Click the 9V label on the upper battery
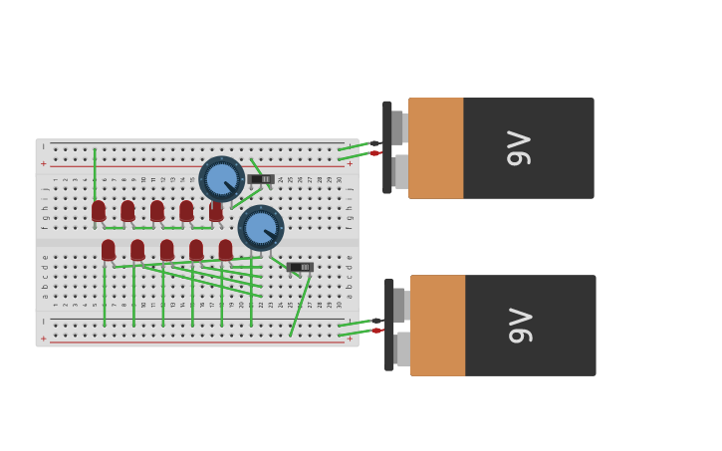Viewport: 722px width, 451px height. coord(520,148)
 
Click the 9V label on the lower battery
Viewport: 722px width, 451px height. coord(522,326)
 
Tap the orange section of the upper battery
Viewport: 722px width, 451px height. coord(436,148)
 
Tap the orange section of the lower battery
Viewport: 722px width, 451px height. coord(438,326)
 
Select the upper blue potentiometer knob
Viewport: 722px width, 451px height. coord(221,179)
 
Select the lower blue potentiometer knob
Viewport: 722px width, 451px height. coord(261,228)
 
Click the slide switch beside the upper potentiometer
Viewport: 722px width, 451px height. coord(261,179)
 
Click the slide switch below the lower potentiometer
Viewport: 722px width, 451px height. coord(300,267)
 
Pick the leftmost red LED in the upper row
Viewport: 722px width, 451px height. coord(99,211)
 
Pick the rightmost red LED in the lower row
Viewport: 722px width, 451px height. coord(226,250)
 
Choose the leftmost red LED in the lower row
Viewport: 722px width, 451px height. coord(108,250)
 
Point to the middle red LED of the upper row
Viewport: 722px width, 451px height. coord(157,211)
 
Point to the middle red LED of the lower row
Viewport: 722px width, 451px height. coord(166,250)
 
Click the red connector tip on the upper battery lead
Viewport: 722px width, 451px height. coord(375,153)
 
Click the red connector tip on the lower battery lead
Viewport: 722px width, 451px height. coord(377,331)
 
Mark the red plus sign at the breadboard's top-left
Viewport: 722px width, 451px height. coord(43,163)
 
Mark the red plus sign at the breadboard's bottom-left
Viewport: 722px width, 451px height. coord(43,338)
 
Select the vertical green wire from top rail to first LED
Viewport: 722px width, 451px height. coord(95,174)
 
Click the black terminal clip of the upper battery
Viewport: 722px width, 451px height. coord(387,147)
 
